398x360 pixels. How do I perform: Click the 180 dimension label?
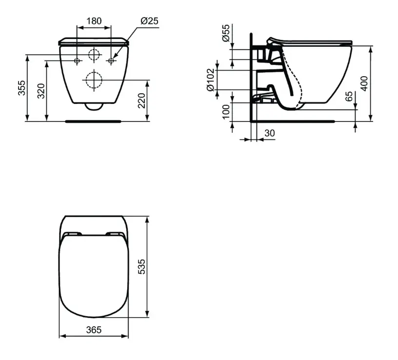[x=94, y=21]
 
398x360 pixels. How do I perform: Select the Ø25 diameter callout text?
[x=149, y=21]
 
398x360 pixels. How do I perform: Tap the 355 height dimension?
[x=22, y=88]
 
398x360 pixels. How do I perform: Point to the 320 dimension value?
[x=41, y=91]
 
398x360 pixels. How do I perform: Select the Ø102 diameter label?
[x=210, y=80]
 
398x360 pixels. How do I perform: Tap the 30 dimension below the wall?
[x=269, y=133]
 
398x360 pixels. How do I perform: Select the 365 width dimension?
[x=94, y=330]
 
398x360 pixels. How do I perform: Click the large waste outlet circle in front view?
[x=93, y=79]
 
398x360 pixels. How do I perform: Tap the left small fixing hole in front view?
[x=77, y=61]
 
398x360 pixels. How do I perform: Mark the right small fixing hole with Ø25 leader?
[x=111, y=61]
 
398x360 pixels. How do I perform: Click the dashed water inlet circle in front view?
[x=94, y=55]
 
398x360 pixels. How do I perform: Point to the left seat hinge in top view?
[x=72, y=234]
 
